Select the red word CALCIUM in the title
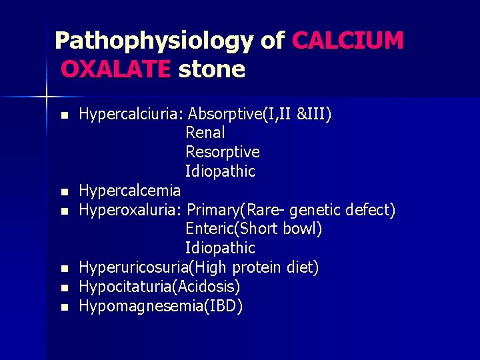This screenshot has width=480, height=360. [x=348, y=41]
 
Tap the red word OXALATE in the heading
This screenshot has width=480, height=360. [x=115, y=69]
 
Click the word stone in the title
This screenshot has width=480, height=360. [x=211, y=69]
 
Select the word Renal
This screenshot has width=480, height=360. [x=205, y=133]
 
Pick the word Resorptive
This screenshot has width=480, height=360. [x=223, y=152]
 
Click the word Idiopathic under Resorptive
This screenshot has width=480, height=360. [x=220, y=171]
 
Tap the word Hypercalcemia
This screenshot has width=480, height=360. [x=130, y=191]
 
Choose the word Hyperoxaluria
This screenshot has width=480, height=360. [x=129, y=210]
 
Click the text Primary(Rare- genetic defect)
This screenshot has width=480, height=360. [x=291, y=210]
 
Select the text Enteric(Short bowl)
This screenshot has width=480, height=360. [x=254, y=229]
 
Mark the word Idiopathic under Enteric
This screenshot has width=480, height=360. [x=220, y=248]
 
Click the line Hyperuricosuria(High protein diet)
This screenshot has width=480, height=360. [x=199, y=267]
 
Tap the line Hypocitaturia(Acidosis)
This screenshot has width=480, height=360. [x=160, y=287]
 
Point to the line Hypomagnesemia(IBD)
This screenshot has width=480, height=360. [x=161, y=306]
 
